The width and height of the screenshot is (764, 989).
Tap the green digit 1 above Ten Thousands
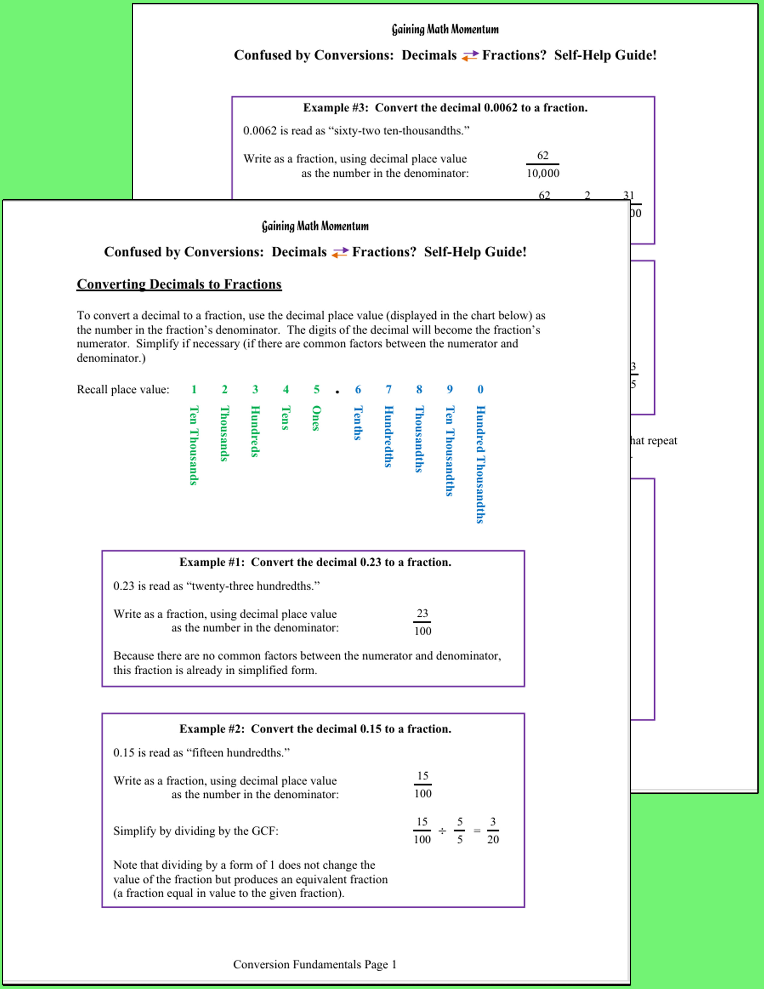pos(194,389)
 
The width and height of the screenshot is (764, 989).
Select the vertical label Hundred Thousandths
pos(480,464)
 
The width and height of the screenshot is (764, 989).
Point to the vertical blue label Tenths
pos(357,423)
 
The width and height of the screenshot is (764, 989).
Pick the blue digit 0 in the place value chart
pos(480,389)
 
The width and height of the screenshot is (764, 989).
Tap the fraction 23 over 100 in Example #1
pos(422,622)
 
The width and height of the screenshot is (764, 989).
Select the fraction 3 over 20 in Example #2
pos(493,830)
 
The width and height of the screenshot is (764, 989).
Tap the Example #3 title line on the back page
pos(445,108)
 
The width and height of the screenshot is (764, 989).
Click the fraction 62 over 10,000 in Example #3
pos(543,164)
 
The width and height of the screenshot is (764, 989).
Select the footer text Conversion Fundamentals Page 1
pos(315,964)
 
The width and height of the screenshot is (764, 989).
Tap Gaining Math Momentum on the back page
pos(445,29)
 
